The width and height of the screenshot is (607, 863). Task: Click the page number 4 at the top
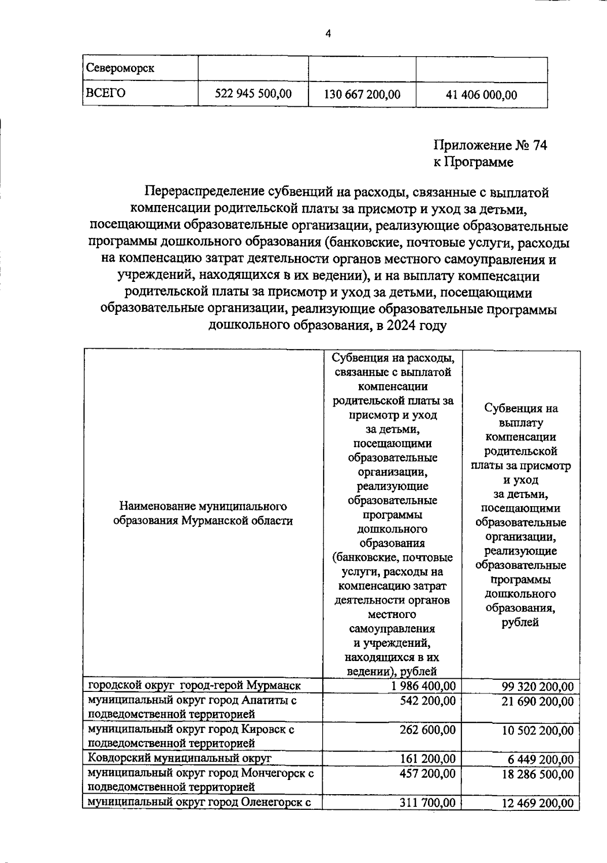point(328,34)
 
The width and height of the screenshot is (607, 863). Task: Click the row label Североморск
point(120,68)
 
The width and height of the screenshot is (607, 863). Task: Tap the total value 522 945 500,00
point(253,94)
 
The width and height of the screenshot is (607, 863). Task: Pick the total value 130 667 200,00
point(362,95)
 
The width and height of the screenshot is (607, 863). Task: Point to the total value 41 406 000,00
point(481,95)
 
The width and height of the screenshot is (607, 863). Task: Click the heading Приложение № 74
point(490,146)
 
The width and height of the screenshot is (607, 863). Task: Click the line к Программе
point(473,162)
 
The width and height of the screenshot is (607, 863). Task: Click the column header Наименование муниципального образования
point(203,513)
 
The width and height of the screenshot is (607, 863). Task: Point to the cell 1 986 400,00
point(423,686)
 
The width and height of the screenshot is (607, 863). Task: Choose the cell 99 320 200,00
point(538,687)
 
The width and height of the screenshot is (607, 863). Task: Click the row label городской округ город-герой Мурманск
point(195,686)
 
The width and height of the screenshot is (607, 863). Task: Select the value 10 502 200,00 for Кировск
point(538,730)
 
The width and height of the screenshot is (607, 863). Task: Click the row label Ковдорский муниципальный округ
point(180,758)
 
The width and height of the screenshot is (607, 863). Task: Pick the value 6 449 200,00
point(541,759)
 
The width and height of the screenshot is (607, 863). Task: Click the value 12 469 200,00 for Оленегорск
point(538,803)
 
